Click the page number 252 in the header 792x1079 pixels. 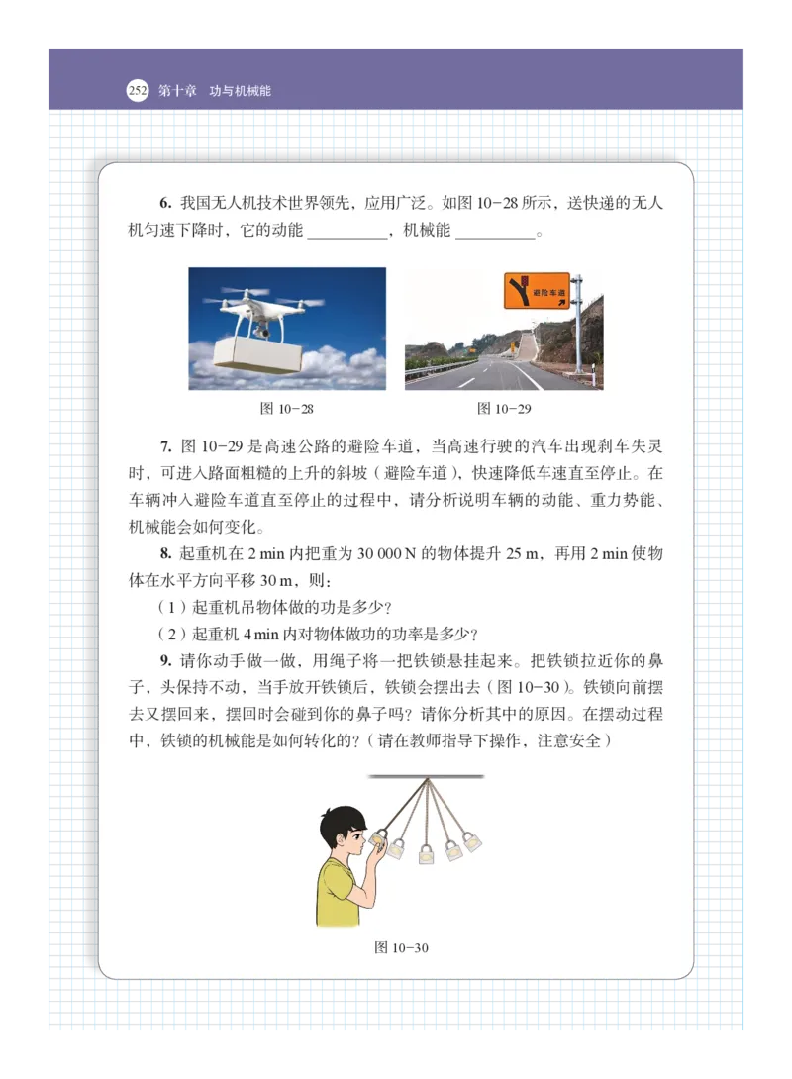[138, 91]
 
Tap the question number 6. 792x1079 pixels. [164, 204]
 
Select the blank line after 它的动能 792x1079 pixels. [346, 236]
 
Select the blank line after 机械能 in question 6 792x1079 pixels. [494, 236]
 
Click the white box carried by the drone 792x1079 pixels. [254, 355]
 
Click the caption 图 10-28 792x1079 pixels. [286, 408]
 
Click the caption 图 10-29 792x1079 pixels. [504, 408]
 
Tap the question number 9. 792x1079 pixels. [164, 660]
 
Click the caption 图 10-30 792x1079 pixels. [401, 947]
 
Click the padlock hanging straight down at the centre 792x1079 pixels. [428, 853]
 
